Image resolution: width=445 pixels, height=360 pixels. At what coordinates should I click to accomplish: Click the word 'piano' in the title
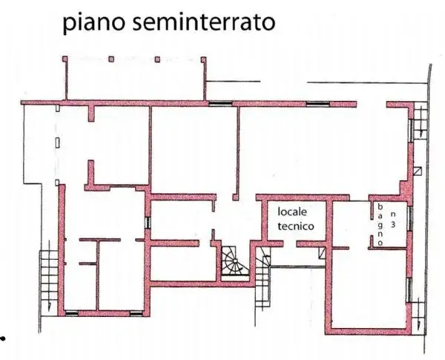pyautogui.click(x=93, y=23)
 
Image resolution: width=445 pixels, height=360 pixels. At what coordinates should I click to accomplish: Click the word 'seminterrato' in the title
pyautogui.click(x=204, y=22)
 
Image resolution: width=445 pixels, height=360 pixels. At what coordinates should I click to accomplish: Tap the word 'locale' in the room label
pyautogui.click(x=292, y=212)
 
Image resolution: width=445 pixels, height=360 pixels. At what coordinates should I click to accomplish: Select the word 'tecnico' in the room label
pyautogui.click(x=296, y=226)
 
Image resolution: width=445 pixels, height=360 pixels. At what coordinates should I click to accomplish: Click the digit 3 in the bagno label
pyautogui.click(x=393, y=224)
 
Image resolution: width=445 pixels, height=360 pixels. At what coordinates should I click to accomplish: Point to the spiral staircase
pyautogui.click(x=234, y=261)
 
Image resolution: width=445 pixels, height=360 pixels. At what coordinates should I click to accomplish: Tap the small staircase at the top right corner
pyautogui.click(x=421, y=120)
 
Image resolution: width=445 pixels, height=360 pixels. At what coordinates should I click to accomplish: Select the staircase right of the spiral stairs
pyautogui.click(x=263, y=278)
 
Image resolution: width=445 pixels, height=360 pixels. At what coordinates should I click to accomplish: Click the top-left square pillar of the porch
pyautogui.click(x=65, y=59)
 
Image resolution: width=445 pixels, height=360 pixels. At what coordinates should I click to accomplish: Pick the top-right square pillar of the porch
pyautogui.click(x=203, y=59)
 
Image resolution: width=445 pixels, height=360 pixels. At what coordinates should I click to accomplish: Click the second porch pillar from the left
pyautogui.click(x=111, y=59)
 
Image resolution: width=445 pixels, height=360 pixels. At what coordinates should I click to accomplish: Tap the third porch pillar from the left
pyautogui.click(x=157, y=59)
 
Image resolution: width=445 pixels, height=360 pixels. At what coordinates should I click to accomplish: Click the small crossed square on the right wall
pyautogui.click(x=418, y=171)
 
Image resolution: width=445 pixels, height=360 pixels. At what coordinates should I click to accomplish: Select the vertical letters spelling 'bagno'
pyautogui.click(x=380, y=224)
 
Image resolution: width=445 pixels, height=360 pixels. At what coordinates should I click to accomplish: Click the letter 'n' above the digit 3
pyautogui.click(x=393, y=213)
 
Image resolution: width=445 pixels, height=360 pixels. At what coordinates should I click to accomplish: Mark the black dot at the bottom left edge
pyautogui.click(x=2, y=338)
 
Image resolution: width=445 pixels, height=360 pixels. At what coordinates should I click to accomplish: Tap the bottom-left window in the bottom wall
pyautogui.click(x=71, y=313)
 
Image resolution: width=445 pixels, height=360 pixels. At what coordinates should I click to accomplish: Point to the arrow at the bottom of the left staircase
pyautogui.click(x=50, y=307)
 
